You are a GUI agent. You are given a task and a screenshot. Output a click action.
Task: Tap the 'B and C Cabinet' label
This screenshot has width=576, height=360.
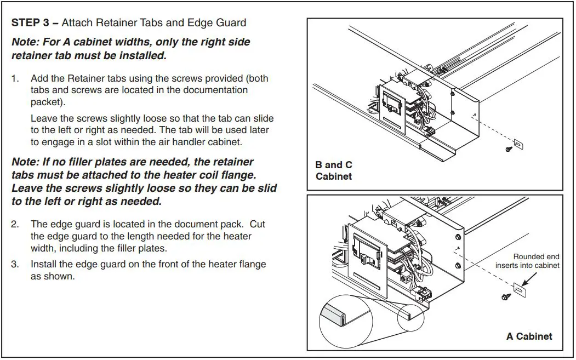click(x=334, y=170)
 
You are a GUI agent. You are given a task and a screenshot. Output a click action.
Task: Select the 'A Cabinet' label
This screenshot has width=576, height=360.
click(x=529, y=336)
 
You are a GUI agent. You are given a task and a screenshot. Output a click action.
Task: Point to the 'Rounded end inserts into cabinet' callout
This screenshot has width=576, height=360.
click(x=527, y=261)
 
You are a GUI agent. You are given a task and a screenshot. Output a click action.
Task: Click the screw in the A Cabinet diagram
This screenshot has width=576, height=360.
click(x=504, y=296)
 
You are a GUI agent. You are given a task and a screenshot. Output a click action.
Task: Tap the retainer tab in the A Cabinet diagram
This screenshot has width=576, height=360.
click(x=518, y=286)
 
